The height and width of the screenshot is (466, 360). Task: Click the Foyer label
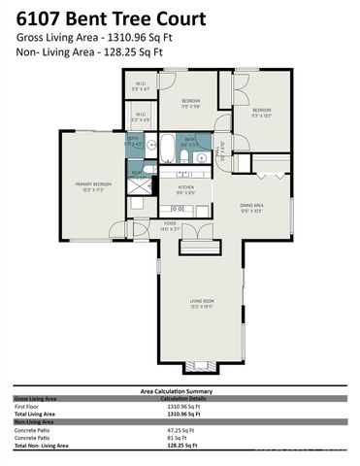(171, 227)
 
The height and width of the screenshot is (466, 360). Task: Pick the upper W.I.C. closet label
(140, 86)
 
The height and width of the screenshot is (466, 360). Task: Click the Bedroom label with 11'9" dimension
(191, 103)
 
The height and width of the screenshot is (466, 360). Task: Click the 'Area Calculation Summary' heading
(180, 390)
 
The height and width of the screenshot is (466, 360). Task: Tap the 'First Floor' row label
(30, 406)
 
